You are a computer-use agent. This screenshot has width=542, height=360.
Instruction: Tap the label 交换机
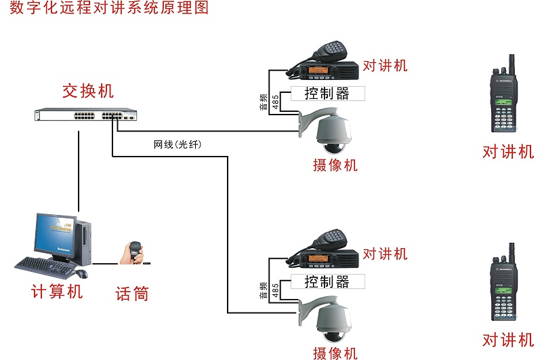click(88, 91)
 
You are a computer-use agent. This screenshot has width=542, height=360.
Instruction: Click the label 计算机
click(58, 292)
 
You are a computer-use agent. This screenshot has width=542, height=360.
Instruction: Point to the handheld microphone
click(133, 252)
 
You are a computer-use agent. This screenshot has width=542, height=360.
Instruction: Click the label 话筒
click(132, 294)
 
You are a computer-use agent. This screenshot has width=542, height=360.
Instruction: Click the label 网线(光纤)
click(178, 145)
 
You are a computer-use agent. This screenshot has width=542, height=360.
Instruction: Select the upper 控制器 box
click(327, 94)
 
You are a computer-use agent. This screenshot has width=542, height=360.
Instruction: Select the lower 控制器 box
click(327, 281)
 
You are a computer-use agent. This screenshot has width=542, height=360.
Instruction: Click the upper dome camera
click(331, 132)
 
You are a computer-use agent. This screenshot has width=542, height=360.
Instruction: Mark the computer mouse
click(81, 273)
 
